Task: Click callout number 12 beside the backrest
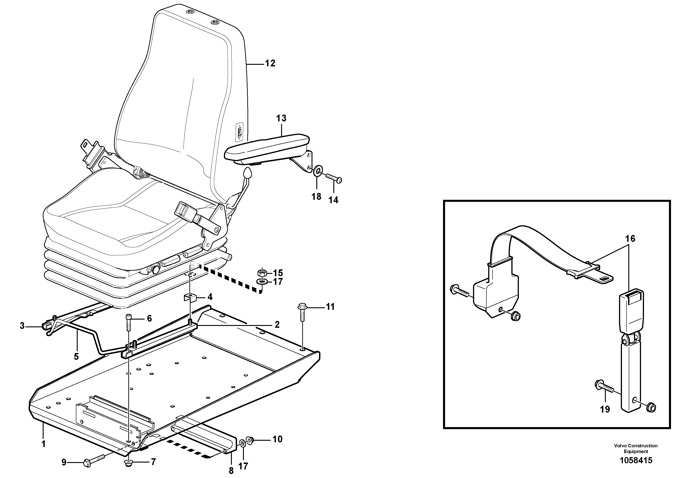click(270, 63)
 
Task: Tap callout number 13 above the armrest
click(281, 118)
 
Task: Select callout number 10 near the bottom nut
click(277, 439)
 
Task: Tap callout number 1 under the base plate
click(43, 444)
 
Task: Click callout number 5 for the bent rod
click(76, 357)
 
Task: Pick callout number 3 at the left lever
click(22, 326)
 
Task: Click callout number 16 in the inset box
click(630, 238)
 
